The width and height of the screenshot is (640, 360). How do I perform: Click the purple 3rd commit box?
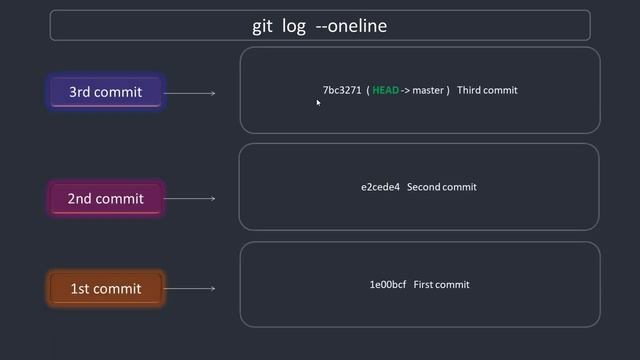(x=105, y=92)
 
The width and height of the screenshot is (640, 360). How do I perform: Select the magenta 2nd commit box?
(x=105, y=198)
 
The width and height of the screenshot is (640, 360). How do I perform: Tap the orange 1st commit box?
(x=105, y=289)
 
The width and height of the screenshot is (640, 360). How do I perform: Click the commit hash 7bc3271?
(x=341, y=90)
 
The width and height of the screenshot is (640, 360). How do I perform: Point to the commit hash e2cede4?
(x=380, y=187)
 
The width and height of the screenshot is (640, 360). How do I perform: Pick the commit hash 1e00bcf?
(x=388, y=285)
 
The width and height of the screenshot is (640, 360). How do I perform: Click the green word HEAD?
(x=385, y=90)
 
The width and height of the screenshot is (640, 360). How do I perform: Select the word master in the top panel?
(x=428, y=90)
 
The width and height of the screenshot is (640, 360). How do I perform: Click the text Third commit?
(x=487, y=90)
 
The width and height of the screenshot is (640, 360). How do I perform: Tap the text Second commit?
(x=442, y=187)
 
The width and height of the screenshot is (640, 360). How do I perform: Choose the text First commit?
(x=441, y=285)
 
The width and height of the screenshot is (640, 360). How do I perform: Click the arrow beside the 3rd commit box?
(x=190, y=93)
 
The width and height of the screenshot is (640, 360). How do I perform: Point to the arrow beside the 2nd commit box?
(x=190, y=198)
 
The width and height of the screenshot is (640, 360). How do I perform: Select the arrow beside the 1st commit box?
(x=190, y=289)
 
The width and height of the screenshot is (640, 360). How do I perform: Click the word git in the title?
(x=262, y=26)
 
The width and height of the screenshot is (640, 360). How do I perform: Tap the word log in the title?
(x=294, y=26)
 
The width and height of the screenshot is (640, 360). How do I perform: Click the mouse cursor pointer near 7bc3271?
(x=318, y=101)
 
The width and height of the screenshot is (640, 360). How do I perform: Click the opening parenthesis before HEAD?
(x=368, y=90)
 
